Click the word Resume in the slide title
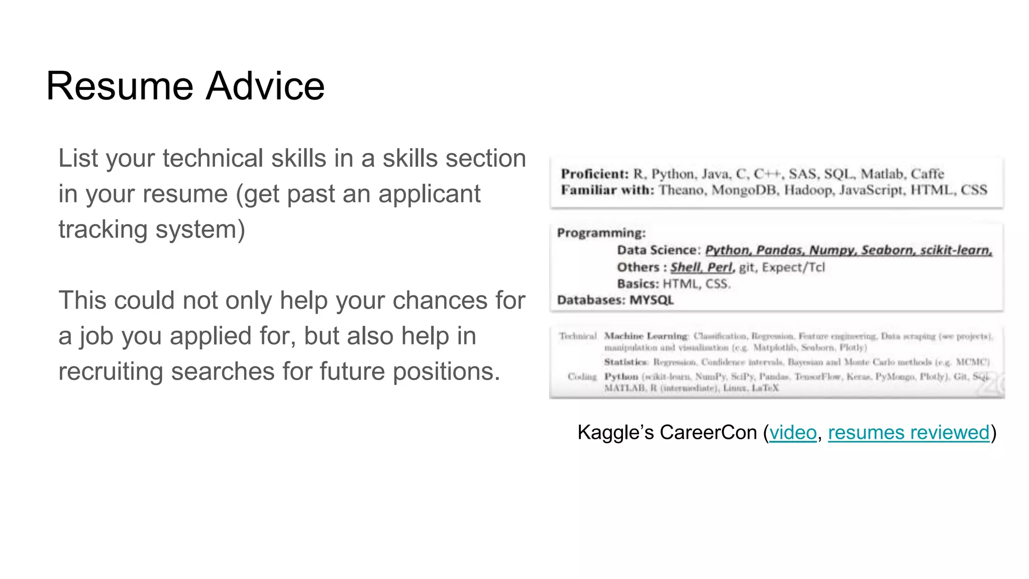[120, 86]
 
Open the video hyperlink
[793, 433]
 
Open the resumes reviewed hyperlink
[908, 433]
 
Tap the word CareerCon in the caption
[708, 433]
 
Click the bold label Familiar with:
[607, 190]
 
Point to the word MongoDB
[744, 190]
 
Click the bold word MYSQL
[651, 300]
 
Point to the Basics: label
[638, 284]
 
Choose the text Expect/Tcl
[793, 267]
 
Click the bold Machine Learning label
[646, 336]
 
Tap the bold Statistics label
[626, 362]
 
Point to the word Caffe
[928, 174]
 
